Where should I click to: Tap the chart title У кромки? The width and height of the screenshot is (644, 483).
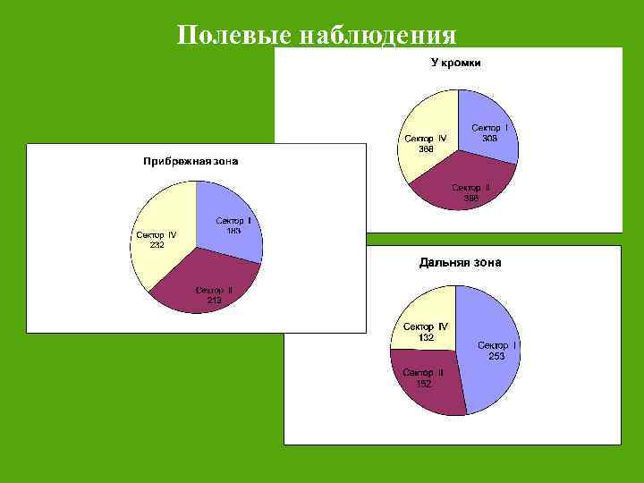pos(456,63)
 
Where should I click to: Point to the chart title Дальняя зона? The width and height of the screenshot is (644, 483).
pos(460,262)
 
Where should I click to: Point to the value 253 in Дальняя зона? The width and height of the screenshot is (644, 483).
pos(496,356)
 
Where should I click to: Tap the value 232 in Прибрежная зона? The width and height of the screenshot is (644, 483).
pos(157,245)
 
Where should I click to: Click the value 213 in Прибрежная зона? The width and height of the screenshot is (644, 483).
pos(215,301)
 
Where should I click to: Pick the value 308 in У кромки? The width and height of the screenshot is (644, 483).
pos(490,139)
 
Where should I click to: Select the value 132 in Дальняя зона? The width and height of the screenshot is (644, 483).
pos(426,337)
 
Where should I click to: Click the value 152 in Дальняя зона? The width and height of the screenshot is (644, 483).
pos(423,384)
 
